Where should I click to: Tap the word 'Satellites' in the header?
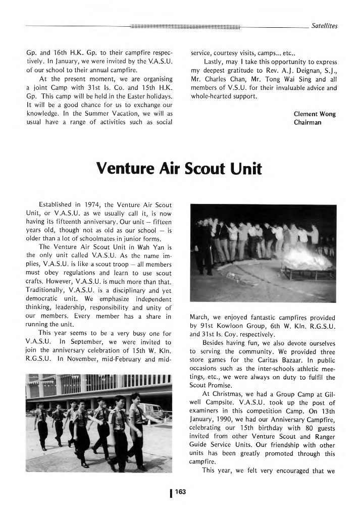[325, 26]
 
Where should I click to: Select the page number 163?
[180, 493]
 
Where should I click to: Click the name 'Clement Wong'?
[315, 114]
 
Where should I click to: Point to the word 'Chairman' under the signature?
[307, 122]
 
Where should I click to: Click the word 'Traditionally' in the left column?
[45, 291]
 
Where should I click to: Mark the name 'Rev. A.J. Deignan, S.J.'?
[298, 70]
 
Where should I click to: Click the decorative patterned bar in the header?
[184, 26]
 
